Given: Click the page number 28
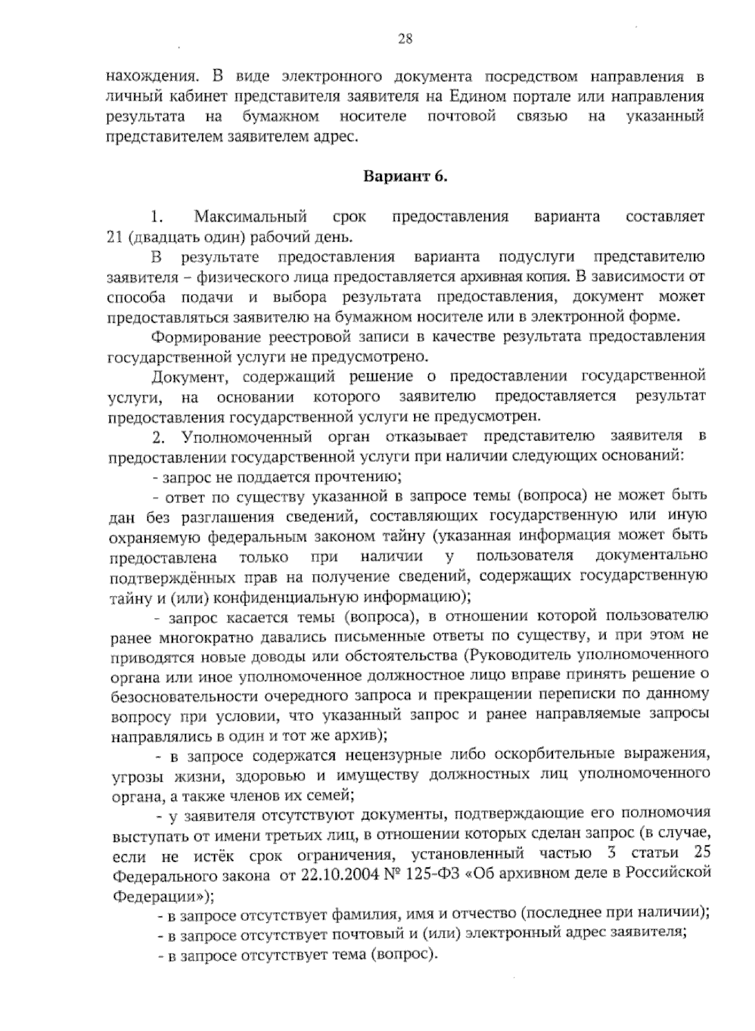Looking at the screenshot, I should (405, 40).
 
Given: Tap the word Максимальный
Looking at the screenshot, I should (250, 217).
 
